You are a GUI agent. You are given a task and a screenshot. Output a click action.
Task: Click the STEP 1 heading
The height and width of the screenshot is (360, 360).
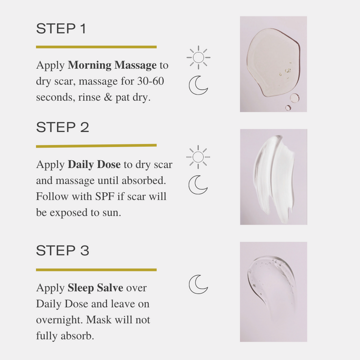tap(61, 29)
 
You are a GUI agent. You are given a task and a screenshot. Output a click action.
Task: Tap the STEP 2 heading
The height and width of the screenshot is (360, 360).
tap(62, 127)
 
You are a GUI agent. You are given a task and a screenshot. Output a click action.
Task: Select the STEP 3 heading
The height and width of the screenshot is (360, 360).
tap(62, 250)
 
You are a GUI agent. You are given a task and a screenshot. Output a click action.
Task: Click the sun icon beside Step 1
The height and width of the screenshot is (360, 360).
tap(198, 57)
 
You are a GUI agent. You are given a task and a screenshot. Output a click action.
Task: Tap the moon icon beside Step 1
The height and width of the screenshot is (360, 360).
tap(198, 85)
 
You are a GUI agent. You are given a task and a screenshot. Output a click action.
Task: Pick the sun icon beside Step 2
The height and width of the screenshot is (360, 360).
tap(198, 157)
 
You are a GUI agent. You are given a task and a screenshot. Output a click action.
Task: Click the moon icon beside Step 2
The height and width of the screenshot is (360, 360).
tap(198, 184)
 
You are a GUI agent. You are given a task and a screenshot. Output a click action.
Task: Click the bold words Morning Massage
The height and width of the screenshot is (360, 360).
tap(112, 65)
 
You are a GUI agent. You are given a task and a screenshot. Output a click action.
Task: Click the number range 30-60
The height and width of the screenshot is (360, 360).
tap(150, 81)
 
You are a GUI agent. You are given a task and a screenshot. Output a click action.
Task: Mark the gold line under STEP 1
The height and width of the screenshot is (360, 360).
tap(96, 47)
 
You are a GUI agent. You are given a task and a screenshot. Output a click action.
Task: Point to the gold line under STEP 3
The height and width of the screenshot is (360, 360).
tap(96, 269)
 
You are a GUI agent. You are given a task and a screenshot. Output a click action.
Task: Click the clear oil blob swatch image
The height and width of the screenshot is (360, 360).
tap(273, 63)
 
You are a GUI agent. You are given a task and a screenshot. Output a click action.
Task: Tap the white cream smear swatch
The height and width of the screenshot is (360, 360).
tap(273, 176)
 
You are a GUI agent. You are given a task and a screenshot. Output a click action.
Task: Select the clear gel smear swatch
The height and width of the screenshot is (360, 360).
tap(273, 291)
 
